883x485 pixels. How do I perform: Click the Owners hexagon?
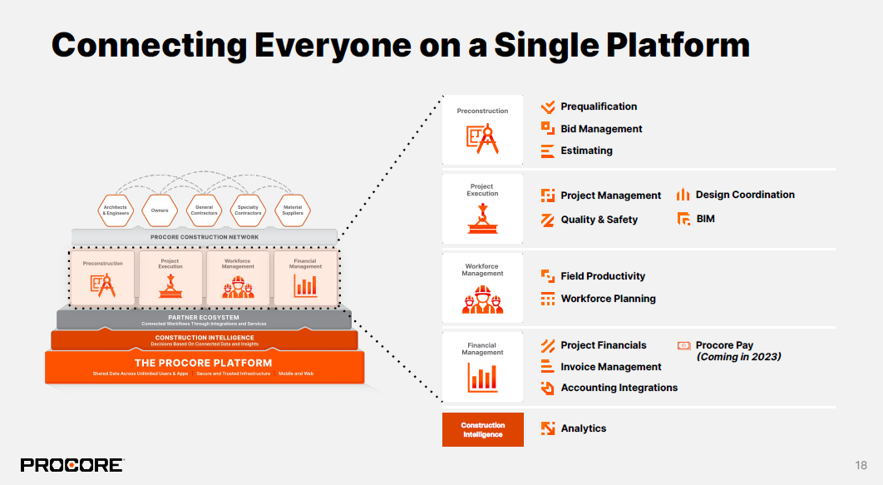click(x=160, y=210)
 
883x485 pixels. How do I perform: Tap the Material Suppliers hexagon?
click(x=293, y=210)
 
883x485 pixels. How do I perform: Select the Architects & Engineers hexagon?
click(x=115, y=210)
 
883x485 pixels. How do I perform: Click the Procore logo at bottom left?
click(x=72, y=465)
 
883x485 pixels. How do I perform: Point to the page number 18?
click(x=861, y=465)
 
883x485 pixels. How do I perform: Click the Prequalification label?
click(x=599, y=106)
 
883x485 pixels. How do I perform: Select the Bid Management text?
click(x=601, y=129)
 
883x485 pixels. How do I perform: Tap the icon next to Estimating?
click(x=547, y=151)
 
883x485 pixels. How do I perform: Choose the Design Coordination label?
click(x=745, y=195)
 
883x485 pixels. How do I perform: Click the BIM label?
click(x=705, y=219)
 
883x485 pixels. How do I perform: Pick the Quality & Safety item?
click(x=599, y=220)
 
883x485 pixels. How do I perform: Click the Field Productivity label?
click(x=603, y=276)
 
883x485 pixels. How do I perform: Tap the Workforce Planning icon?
click(x=547, y=299)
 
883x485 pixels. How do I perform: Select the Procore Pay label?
click(x=724, y=345)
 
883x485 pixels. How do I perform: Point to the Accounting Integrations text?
click(x=619, y=388)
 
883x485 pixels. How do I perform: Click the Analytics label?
click(x=583, y=428)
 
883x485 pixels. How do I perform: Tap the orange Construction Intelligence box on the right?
click(x=482, y=429)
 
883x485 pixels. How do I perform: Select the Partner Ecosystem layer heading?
click(x=204, y=317)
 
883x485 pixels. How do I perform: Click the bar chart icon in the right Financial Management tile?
click(x=482, y=379)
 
